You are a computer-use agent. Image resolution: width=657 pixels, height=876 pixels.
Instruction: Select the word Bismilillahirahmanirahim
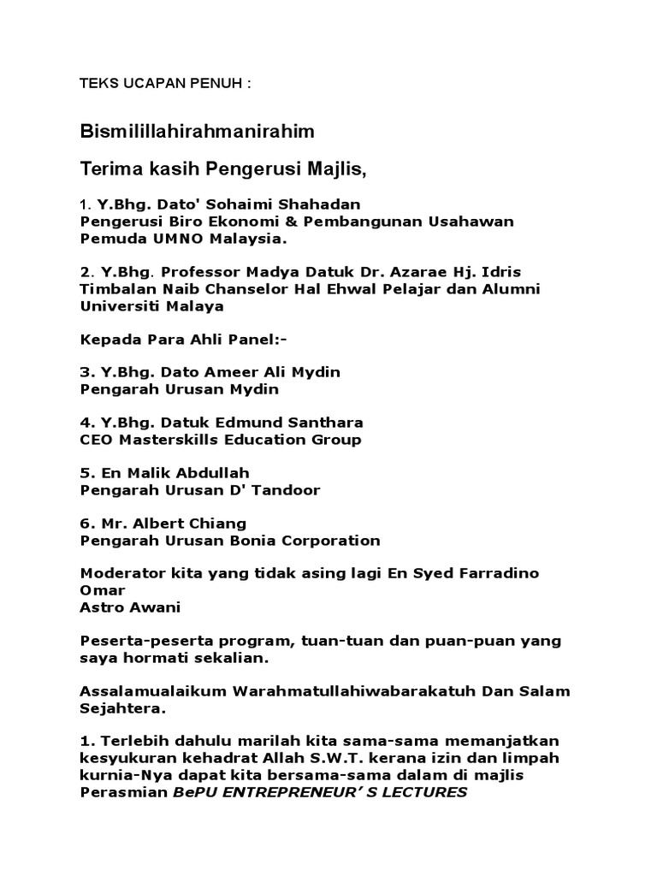point(198,132)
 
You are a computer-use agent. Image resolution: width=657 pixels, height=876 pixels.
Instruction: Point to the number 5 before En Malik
point(85,473)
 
